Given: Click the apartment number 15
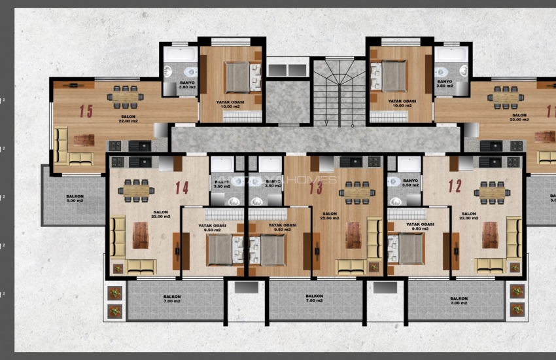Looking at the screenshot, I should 86,110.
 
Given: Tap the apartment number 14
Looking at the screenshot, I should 182,187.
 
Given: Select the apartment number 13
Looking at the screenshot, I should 316,187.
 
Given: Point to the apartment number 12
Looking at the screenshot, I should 455,186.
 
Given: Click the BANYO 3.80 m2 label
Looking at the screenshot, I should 445,85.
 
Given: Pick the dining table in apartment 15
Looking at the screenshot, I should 126,96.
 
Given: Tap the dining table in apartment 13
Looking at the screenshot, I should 357,192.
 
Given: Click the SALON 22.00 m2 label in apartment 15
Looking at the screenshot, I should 128,118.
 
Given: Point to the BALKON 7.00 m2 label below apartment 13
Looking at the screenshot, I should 314,298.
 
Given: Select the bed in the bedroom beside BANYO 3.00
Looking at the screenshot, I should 237,77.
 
